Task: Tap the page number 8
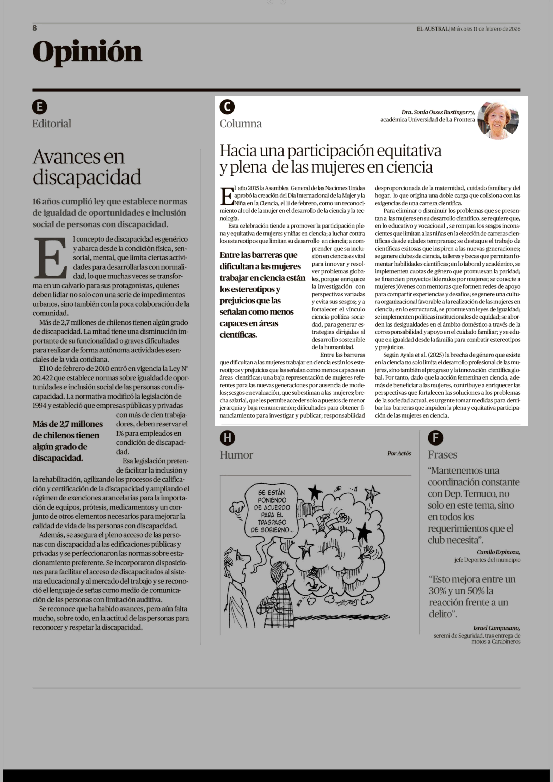coord(35,28)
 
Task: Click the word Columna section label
coord(240,124)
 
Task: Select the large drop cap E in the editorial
coord(50,258)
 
